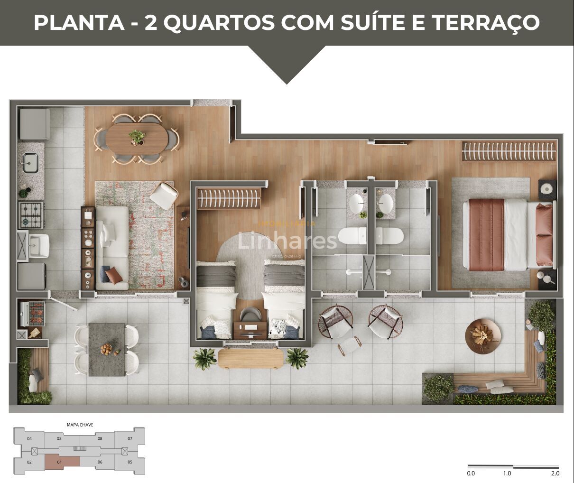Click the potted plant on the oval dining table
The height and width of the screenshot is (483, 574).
137,137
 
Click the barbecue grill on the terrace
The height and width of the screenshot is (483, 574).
32,314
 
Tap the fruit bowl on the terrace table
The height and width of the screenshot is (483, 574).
107,350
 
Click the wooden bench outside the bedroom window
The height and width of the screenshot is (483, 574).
250,358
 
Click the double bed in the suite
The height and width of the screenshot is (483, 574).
508,235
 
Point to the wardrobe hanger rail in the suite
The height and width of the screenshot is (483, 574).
509,151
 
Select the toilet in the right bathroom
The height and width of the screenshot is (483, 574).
389,235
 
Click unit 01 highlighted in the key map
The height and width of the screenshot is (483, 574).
62,462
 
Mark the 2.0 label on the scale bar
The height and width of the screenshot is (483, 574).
555,473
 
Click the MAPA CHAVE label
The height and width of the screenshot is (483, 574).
80,425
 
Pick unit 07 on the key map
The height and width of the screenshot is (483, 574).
130,438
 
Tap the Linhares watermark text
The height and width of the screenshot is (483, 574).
287,241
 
